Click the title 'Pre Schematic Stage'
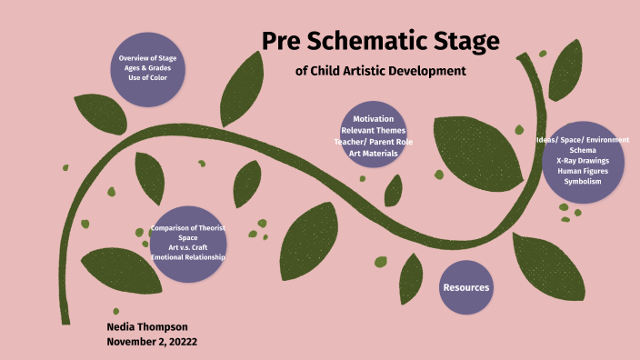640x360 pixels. (381, 41)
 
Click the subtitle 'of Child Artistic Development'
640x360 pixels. (381, 70)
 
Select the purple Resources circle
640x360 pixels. (465, 287)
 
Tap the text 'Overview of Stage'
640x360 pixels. (147, 58)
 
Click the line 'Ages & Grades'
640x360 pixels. (147, 68)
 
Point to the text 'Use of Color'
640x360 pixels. (147, 78)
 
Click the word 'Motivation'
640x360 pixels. (374, 119)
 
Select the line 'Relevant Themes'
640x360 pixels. (374, 130)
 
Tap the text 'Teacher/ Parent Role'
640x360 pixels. (374, 141)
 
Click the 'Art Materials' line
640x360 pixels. (374, 152)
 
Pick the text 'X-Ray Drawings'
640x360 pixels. (583, 160)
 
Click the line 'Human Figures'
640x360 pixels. (583, 170)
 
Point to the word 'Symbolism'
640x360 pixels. (583, 181)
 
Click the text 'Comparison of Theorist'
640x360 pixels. (188, 227)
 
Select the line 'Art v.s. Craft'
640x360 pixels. (188, 247)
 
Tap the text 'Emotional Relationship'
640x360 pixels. (188, 257)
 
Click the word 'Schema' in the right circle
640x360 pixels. (583, 150)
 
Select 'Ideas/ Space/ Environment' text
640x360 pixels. (583, 140)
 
